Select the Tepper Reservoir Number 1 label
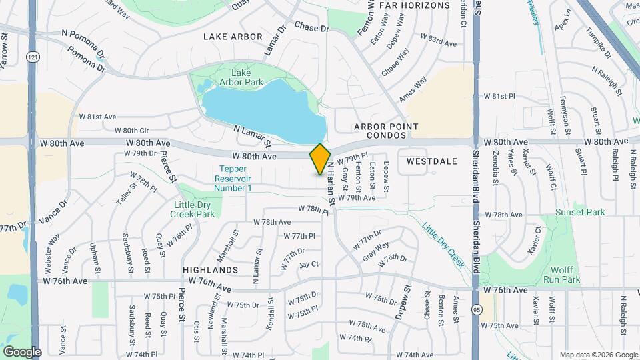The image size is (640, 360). (x=233, y=179)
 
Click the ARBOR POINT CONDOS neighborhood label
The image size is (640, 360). (x=386, y=131)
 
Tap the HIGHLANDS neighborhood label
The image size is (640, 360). (x=211, y=270)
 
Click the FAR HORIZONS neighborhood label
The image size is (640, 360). (x=414, y=5)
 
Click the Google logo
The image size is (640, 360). (x=22, y=352)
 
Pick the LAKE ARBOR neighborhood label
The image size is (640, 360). (x=229, y=37)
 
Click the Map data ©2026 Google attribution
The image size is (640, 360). (x=598, y=355)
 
